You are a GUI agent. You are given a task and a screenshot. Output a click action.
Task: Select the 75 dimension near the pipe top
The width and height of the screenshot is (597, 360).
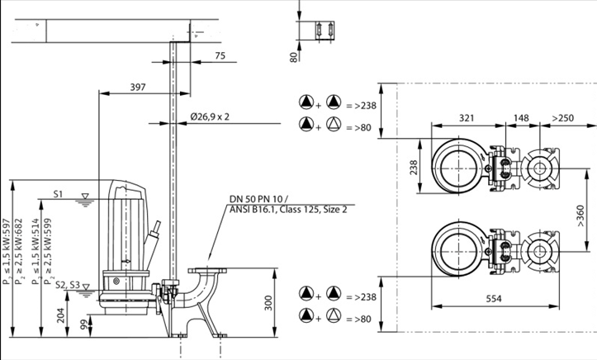[x=219, y=55]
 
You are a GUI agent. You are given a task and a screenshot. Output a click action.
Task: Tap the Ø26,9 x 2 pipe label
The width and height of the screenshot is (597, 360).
[x=208, y=116]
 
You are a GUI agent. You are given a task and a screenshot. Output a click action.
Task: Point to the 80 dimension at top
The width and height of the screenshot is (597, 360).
[x=293, y=57]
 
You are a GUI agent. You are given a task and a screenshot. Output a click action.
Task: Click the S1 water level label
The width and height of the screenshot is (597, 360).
[x=59, y=194]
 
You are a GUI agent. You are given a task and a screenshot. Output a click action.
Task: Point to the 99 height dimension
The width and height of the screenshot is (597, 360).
[x=84, y=325]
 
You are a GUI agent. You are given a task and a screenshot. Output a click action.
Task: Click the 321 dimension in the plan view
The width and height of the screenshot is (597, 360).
[x=469, y=118]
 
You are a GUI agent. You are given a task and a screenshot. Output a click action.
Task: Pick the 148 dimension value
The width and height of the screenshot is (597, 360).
[x=522, y=118]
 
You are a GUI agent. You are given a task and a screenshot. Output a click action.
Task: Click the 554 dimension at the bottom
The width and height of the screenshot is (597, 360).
[x=493, y=300]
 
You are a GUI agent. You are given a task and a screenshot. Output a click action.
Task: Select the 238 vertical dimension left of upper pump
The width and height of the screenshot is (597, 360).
[x=413, y=168]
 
